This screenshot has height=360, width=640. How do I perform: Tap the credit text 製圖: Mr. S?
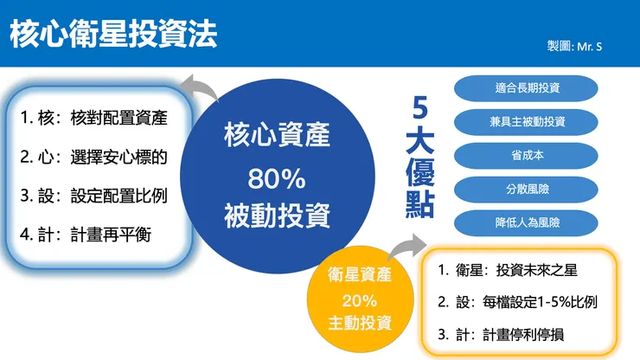click(575, 45)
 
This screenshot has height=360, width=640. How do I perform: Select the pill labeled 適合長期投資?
click(528, 88)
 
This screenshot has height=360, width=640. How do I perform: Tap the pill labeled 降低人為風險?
click(528, 222)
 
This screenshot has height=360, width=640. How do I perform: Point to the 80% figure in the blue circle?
click(277, 178)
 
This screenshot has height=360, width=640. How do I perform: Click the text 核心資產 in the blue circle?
click(277, 137)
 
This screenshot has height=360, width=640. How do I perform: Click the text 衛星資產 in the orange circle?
click(359, 276)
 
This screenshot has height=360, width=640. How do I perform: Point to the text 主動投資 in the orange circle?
click(359, 324)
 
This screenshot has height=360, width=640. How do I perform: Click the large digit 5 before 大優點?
click(420, 111)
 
